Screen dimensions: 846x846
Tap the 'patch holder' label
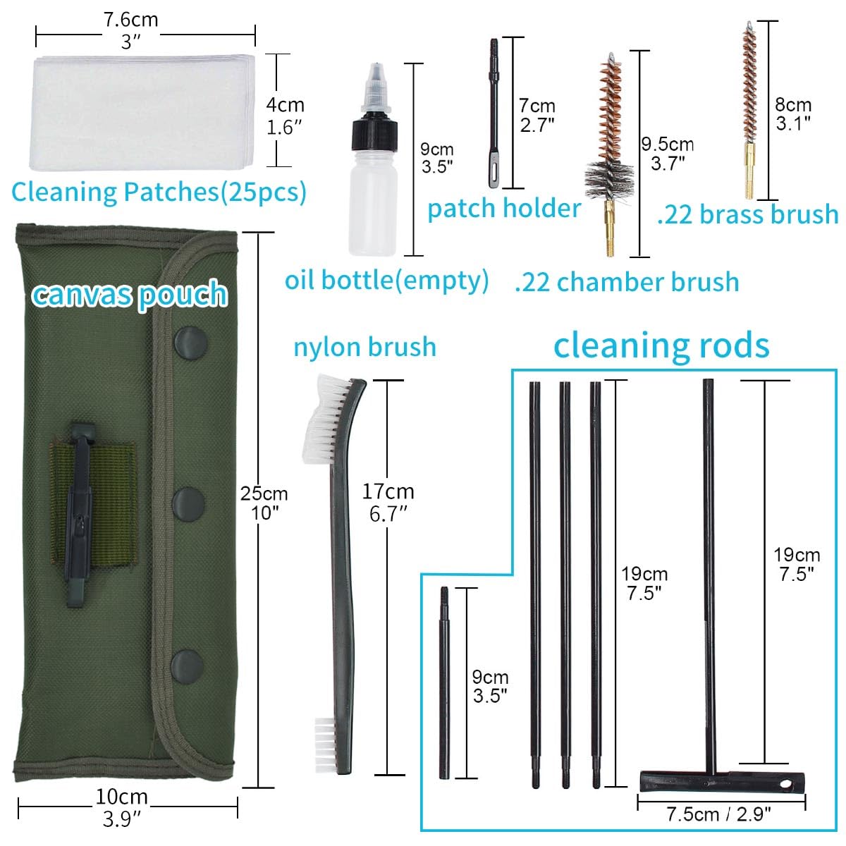tap(504, 209)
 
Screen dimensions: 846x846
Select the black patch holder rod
tap(493, 113)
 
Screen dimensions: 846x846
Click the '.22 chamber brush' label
tap(627, 282)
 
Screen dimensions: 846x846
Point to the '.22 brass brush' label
tap(748, 215)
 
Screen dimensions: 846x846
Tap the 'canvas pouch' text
tap(130, 294)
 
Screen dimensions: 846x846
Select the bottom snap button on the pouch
tap(187, 665)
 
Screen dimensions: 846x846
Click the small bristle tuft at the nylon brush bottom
tap(324, 733)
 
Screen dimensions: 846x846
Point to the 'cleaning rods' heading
tap(661, 345)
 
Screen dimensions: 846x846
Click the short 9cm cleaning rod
tap(444, 684)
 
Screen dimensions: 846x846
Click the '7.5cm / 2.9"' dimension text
tap(718, 815)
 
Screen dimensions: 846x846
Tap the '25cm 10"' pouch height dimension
tap(264, 503)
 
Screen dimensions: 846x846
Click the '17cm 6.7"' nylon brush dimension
tap(388, 502)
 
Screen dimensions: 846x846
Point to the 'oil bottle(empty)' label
tap(386, 281)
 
